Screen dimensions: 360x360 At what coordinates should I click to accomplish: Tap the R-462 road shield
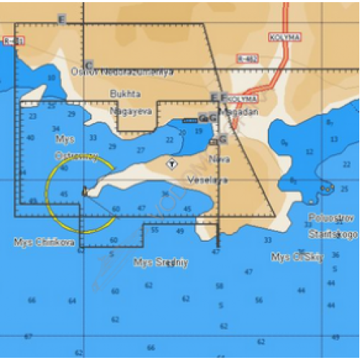[x=246, y=58]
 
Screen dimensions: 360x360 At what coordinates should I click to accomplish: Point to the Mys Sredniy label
[x=161, y=263]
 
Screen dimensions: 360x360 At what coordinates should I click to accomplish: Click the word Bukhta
[x=125, y=94]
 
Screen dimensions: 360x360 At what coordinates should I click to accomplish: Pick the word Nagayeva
[x=124, y=112]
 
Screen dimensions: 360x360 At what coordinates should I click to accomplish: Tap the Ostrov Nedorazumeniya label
[x=122, y=71]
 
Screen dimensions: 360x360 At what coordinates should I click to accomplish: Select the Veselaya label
[x=207, y=179]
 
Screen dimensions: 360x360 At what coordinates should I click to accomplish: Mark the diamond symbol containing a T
[x=172, y=164]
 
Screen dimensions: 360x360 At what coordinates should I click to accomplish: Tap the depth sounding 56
[x=336, y=256]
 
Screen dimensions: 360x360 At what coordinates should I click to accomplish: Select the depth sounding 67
[x=28, y=336]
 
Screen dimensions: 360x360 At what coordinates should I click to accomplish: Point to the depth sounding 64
[x=72, y=300]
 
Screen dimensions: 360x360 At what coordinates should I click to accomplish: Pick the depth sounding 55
[x=155, y=230]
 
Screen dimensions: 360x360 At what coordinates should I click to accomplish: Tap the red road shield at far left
[x=12, y=41]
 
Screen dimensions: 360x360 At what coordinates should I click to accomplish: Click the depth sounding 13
[x=333, y=138]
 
